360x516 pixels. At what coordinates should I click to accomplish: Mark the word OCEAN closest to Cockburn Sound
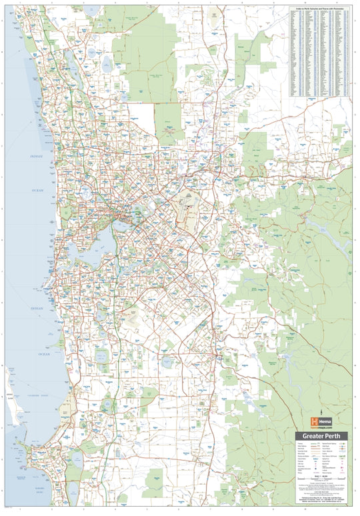point(44,354)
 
